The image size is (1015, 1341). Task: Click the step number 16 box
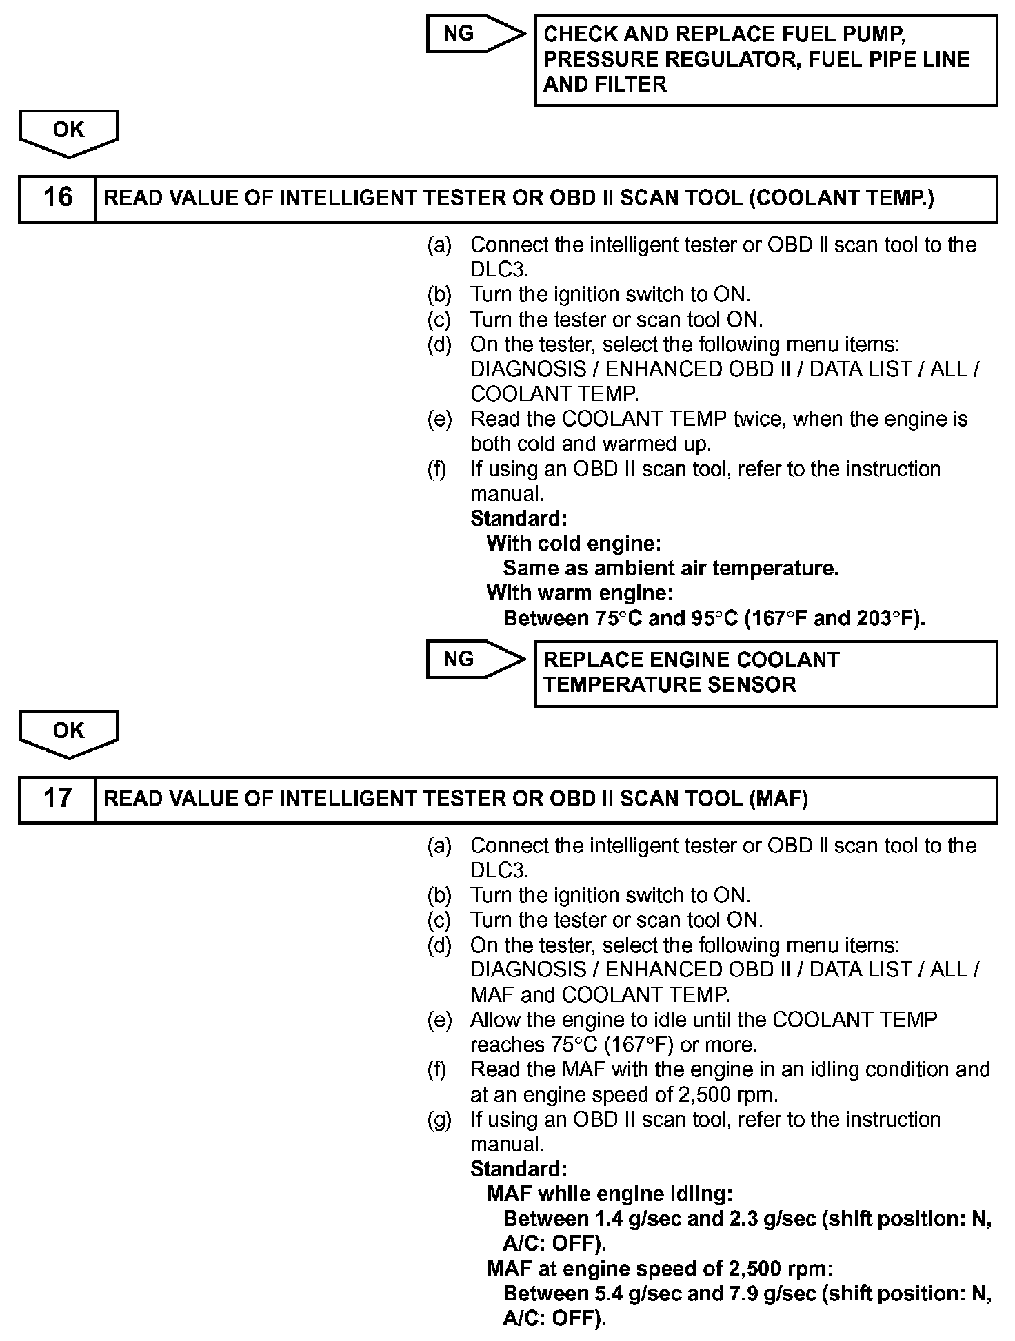pyautogui.click(x=57, y=198)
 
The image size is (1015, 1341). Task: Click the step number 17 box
pyautogui.click(x=57, y=799)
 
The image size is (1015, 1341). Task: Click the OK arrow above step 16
pyautogui.click(x=69, y=131)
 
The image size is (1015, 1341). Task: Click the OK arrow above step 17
pyautogui.click(x=69, y=732)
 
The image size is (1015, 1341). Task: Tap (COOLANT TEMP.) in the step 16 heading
pyautogui.click(x=841, y=198)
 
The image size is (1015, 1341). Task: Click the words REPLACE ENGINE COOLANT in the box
pyautogui.click(x=692, y=660)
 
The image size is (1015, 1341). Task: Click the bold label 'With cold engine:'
pyautogui.click(x=574, y=544)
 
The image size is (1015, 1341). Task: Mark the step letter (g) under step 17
pyautogui.click(x=439, y=1120)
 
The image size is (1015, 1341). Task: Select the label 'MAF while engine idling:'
pyautogui.click(x=610, y=1194)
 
